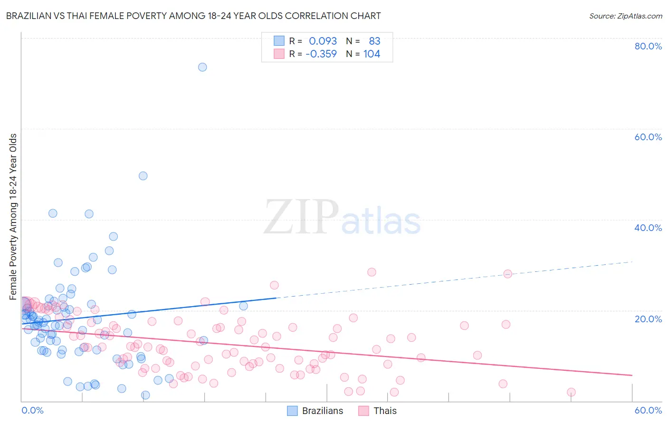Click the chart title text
193,16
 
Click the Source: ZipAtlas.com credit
625,16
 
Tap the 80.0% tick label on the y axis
648,46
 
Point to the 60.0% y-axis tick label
648,137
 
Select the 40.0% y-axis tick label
648,228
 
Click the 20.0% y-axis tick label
648,318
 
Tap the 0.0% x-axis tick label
32,410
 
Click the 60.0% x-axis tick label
648,410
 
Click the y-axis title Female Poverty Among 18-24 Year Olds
13,217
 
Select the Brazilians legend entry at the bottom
315,411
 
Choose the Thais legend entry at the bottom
378,411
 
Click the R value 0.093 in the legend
323,41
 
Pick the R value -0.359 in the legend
321,54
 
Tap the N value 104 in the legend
372,54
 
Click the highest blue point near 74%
202,67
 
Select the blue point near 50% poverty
143,176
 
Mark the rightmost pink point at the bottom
571,392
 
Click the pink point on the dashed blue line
507,274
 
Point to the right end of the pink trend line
632,376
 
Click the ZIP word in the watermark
301,218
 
